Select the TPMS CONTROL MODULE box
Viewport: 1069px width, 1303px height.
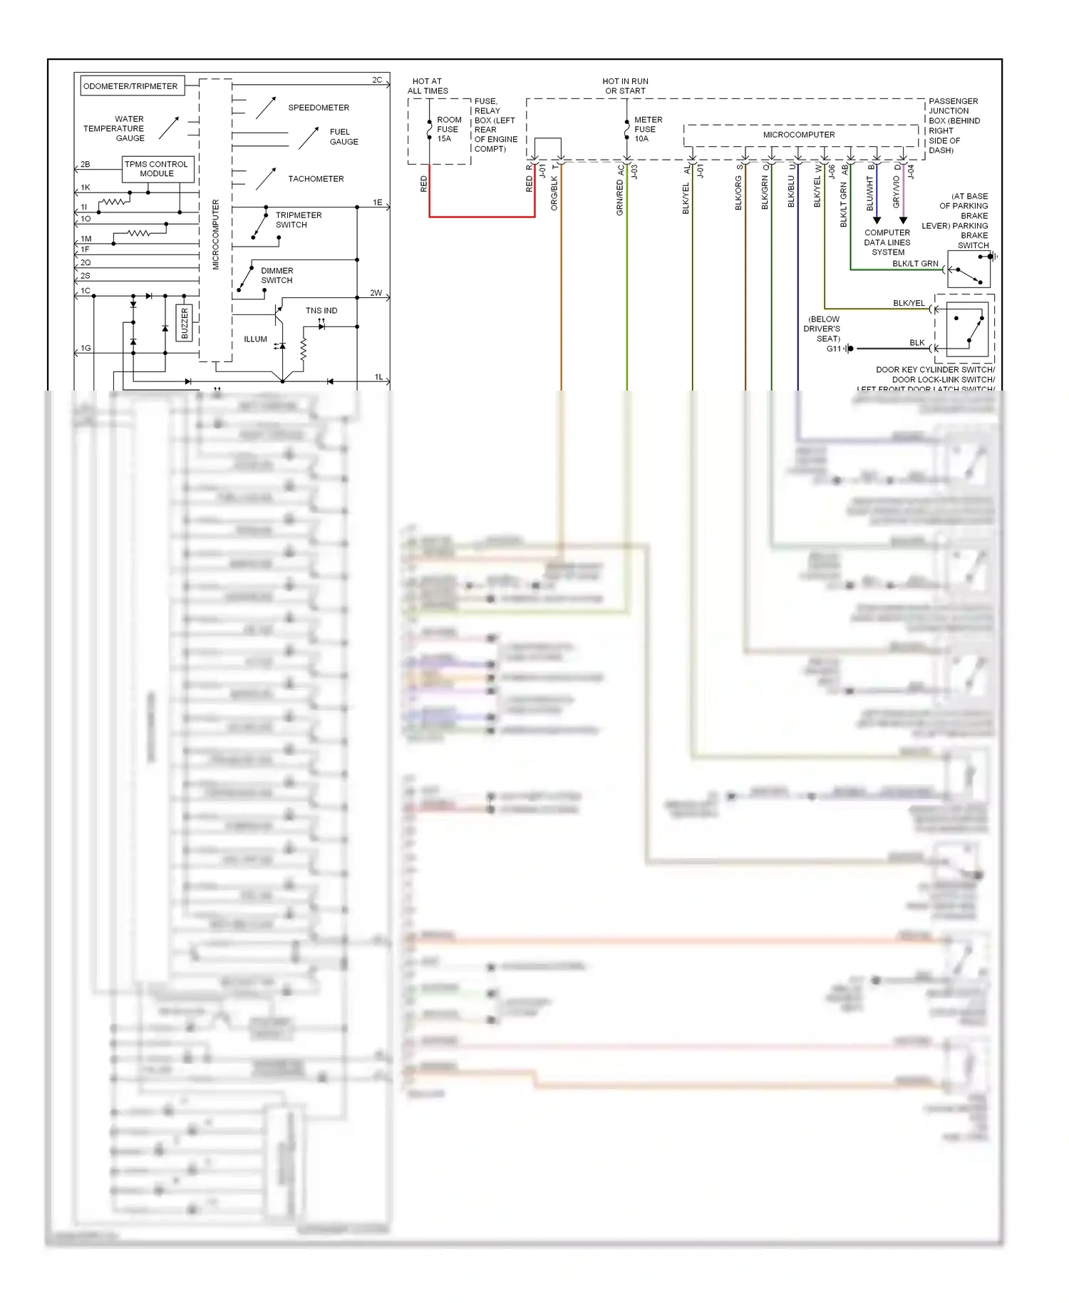coord(157,169)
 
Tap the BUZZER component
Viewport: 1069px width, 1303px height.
coord(185,323)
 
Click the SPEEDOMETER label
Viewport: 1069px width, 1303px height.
coord(319,108)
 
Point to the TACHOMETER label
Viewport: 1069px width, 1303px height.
coord(316,179)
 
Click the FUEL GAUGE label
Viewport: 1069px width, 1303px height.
coord(344,137)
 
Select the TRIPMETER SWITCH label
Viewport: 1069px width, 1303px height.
coord(299,220)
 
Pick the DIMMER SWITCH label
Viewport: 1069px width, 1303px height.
coord(277,275)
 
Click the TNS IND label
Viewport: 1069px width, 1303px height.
coord(321,311)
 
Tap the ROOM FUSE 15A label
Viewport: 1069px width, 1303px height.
coord(448,130)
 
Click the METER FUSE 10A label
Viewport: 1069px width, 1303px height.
coord(648,130)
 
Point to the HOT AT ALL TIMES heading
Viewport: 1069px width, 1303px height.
coord(428,86)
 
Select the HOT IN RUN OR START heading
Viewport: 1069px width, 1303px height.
coord(625,86)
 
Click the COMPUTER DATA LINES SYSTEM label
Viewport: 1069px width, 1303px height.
coord(887,242)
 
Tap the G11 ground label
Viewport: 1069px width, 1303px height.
coord(834,349)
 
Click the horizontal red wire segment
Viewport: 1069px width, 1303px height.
coord(482,217)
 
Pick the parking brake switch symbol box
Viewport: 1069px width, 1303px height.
coord(969,269)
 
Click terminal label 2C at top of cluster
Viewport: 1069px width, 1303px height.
coord(377,80)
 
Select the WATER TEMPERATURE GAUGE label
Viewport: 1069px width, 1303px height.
coord(114,129)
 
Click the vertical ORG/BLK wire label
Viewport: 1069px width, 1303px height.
coord(554,192)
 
